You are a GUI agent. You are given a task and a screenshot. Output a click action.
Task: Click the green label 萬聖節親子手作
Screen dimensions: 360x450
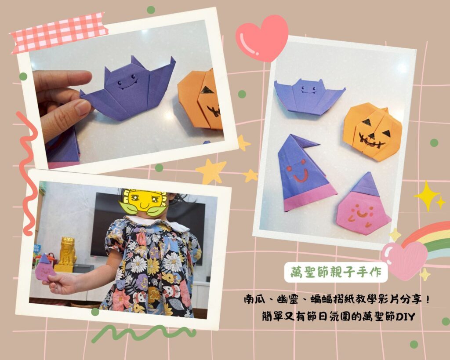click(x=336, y=273)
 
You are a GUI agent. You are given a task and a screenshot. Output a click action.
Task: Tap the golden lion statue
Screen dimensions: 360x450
click(x=67, y=254)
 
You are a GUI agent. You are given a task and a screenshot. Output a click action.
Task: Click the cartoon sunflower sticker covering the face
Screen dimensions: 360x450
click(x=143, y=203)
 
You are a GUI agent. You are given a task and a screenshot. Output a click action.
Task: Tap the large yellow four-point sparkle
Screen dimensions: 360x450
click(x=426, y=196)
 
